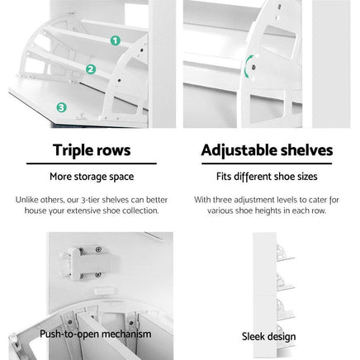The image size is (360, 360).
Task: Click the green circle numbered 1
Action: point(115,40)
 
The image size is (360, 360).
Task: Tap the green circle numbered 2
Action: point(91,69)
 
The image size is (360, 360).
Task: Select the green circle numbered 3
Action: point(61,107)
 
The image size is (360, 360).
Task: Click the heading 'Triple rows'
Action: point(91,150)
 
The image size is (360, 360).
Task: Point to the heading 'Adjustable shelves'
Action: point(267,150)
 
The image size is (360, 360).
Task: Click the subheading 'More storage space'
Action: point(91,177)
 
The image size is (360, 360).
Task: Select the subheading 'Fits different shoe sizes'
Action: point(267,177)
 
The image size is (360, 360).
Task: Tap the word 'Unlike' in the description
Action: point(25,199)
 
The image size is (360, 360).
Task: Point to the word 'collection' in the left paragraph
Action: point(138,211)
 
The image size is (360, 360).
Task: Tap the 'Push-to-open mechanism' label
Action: point(96,334)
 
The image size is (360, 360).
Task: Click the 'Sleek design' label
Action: point(268,336)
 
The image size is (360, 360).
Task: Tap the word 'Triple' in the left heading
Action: point(70,150)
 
